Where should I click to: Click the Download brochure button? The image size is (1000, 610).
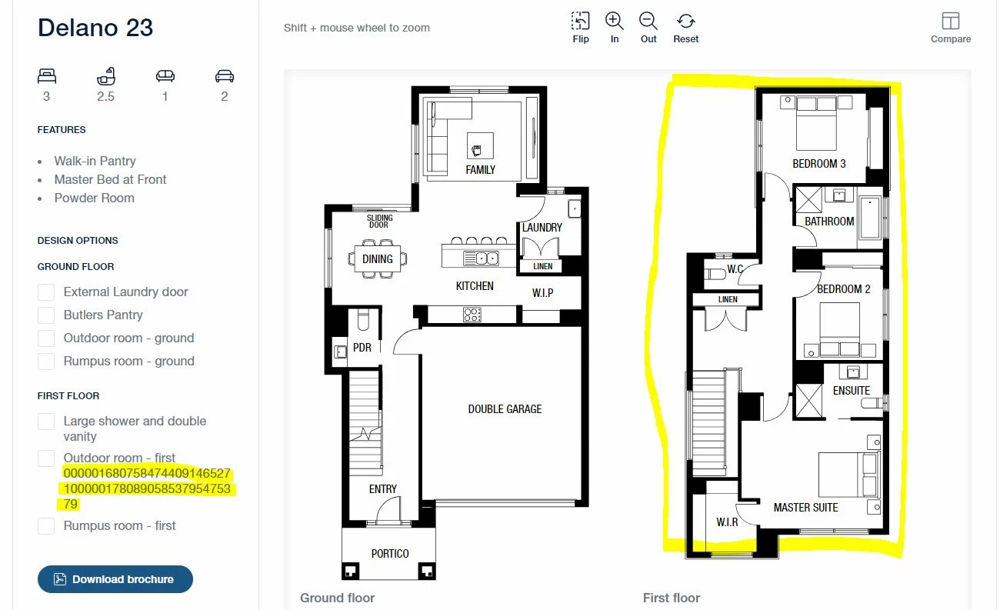(115, 579)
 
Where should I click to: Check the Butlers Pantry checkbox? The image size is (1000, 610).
(46, 315)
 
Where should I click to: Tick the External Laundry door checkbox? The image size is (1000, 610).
(46, 292)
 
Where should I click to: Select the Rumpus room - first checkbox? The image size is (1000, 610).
(46, 526)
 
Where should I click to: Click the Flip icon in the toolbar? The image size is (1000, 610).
(580, 21)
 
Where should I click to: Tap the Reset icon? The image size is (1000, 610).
(685, 21)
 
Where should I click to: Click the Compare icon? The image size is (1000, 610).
(951, 21)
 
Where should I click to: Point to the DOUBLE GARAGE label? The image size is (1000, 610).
(505, 409)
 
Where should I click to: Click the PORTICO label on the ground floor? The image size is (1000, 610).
(390, 554)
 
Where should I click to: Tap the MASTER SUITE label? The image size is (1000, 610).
(806, 508)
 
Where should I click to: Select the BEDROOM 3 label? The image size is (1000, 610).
(819, 164)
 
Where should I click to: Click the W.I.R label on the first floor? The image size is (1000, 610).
(727, 522)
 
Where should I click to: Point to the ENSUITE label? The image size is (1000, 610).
(852, 391)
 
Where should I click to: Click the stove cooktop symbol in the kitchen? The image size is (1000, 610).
(472, 315)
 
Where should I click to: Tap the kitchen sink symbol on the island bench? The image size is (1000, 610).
(482, 258)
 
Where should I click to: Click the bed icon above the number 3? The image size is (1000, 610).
(47, 76)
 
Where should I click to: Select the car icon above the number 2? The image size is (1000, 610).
(225, 76)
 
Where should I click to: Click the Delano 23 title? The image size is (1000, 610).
(95, 28)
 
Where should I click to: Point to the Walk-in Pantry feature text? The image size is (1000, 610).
(95, 161)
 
